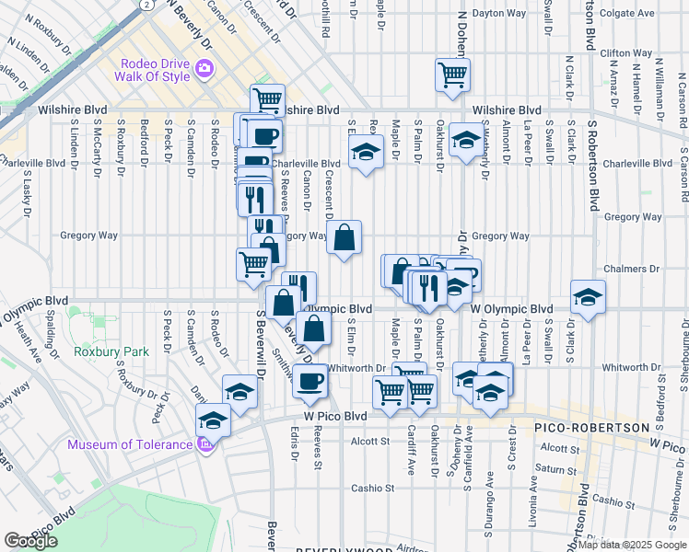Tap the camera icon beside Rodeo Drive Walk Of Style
204,68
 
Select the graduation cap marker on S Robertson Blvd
588,297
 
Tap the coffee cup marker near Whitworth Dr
310,379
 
